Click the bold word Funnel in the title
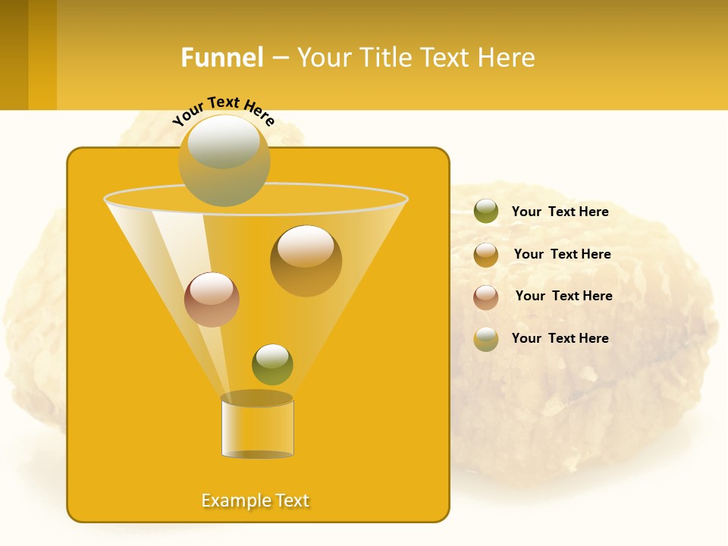(221, 58)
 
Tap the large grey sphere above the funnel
(224, 161)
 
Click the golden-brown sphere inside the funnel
(306, 261)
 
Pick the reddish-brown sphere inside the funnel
(212, 300)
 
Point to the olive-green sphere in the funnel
(272, 364)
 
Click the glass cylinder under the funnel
(257, 426)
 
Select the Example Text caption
(255, 500)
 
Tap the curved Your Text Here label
(224, 111)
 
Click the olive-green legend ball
(486, 212)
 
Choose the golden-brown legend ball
(486, 255)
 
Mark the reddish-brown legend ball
(486, 297)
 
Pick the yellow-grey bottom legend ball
(486, 339)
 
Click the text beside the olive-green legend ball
(560, 212)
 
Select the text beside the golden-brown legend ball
(562, 255)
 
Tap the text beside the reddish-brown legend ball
(563, 297)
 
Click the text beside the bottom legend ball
(560, 338)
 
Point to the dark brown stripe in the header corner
(14, 55)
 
